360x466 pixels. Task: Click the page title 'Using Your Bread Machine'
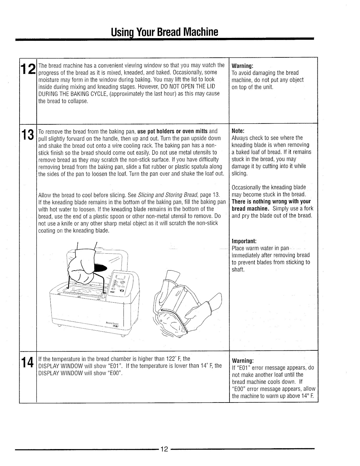(165, 32)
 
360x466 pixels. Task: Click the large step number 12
(27, 69)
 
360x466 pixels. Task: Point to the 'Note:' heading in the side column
(238, 131)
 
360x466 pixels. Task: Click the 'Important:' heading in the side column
(244, 241)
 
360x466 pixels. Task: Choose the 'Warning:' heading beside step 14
(242, 360)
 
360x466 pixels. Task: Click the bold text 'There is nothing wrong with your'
(271, 202)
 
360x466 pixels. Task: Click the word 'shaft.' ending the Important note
(238, 269)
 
